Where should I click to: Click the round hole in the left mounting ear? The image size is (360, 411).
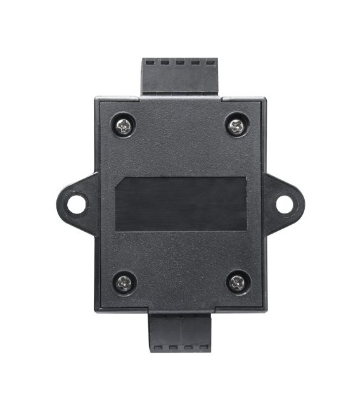(x=77, y=204)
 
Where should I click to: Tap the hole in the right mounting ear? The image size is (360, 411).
(x=285, y=204)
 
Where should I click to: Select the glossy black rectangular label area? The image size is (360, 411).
(x=181, y=204)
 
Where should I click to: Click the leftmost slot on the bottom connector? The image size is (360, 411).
(x=158, y=347)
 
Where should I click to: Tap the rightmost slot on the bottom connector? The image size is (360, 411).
(x=203, y=347)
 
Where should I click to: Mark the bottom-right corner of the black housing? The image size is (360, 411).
(x=264, y=310)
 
